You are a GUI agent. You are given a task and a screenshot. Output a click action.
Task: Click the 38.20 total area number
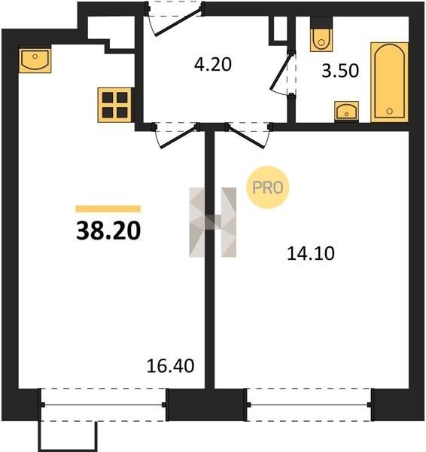click(108, 231)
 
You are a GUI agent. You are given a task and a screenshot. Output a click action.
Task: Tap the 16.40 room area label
click(170, 366)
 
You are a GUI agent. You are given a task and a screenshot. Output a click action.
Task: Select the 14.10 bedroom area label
click(311, 254)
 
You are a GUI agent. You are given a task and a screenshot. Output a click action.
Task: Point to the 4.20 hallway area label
click(212, 64)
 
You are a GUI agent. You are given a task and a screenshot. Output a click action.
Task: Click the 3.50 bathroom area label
click(340, 71)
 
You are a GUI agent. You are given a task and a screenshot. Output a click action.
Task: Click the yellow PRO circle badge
click(268, 188)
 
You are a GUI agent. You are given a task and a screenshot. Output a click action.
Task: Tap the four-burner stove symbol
click(115, 105)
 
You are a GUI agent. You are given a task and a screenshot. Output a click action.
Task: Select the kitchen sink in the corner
click(35, 60)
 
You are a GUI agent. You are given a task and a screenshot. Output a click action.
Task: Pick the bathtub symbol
click(389, 82)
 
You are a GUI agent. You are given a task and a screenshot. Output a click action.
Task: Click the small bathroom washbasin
click(346, 111)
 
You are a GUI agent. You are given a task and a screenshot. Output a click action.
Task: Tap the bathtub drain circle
click(389, 111)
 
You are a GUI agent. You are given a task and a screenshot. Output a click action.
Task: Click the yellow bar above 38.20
click(108, 209)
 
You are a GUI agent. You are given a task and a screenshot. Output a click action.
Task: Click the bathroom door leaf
click(281, 72)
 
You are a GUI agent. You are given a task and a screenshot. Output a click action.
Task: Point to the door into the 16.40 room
click(178, 137)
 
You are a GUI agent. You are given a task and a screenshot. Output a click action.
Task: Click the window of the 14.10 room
click(309, 405)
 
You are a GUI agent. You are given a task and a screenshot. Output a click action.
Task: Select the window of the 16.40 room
click(103, 405)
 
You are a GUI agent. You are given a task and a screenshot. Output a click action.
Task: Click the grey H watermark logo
click(212, 222)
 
